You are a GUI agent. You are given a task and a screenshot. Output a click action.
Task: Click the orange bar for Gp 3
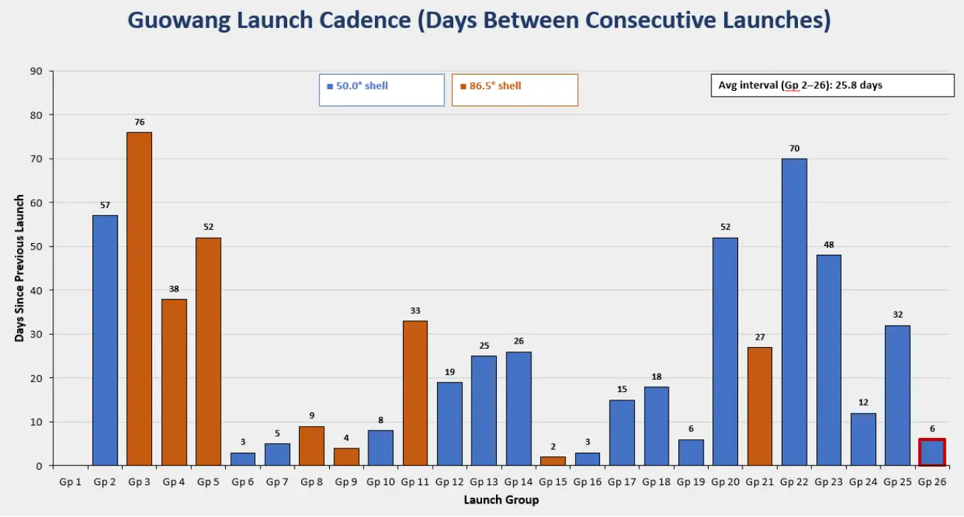point(139,298)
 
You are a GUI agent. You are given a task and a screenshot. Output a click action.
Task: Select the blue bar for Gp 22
point(794,312)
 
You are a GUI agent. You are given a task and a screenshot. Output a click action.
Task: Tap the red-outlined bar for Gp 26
point(932,452)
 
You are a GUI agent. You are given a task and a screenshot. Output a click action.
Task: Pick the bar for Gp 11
point(415,393)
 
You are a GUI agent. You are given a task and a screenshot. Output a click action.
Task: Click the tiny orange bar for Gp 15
point(553,461)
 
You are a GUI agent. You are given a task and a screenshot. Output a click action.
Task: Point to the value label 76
point(140,123)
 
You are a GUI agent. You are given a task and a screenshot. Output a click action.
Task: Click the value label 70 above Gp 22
point(794,148)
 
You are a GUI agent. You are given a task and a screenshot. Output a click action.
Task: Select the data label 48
point(828,245)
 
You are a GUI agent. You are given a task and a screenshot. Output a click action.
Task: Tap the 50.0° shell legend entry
point(382,90)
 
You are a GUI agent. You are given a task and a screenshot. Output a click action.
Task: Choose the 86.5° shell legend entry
point(514,90)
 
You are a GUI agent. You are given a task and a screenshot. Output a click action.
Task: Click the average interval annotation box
point(833,85)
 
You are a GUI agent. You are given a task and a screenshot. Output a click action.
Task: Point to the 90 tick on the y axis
point(36,71)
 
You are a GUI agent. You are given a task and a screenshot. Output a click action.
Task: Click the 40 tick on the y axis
point(36,290)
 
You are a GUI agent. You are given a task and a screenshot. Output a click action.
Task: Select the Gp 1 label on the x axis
point(70,482)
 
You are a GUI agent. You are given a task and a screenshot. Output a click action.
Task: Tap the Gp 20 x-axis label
point(725,482)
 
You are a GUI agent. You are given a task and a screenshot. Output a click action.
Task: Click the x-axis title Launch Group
point(501,500)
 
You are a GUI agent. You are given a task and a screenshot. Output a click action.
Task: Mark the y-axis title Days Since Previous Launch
point(19,268)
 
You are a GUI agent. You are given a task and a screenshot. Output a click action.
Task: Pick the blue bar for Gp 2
point(105,340)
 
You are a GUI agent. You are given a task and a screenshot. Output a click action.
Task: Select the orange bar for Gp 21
point(760,406)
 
